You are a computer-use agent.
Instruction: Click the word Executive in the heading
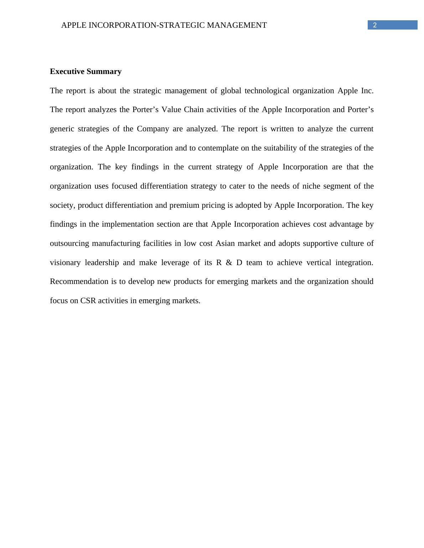[x=67, y=72]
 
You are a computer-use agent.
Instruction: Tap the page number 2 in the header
[x=375, y=25]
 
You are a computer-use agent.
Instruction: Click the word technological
[x=267, y=91]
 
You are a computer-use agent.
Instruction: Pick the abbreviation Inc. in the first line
[x=367, y=91]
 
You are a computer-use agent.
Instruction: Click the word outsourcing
[x=69, y=243]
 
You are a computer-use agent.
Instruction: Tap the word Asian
[x=225, y=243]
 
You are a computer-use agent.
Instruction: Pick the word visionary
[x=65, y=263]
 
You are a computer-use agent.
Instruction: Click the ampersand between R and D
[x=229, y=263]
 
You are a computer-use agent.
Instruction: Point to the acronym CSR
[x=88, y=301]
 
